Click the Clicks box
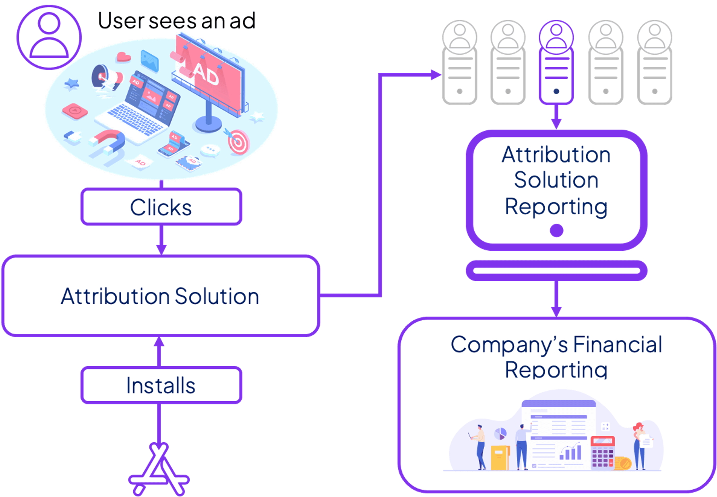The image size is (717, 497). pos(161,207)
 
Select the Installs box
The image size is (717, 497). pos(161,385)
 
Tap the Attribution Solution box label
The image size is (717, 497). pos(160,296)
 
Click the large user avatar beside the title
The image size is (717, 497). pos(49,37)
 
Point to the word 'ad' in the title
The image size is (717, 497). pos(242,21)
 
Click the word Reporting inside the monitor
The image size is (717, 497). pos(556,206)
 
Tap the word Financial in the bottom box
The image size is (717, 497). pos(617,345)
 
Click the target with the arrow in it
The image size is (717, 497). pos(238,142)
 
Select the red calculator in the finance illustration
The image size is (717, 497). pos(602,453)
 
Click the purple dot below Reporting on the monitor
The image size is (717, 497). pos(557,231)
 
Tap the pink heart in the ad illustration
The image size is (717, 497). pos(123,57)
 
